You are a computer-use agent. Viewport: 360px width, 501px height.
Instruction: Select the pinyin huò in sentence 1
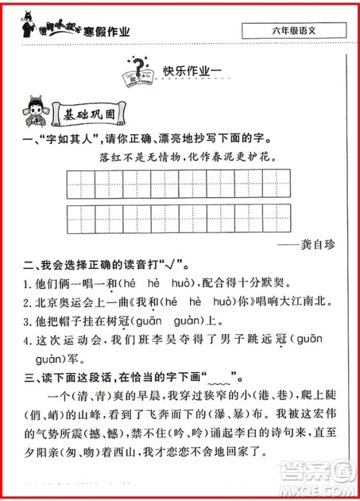tap(189, 284)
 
